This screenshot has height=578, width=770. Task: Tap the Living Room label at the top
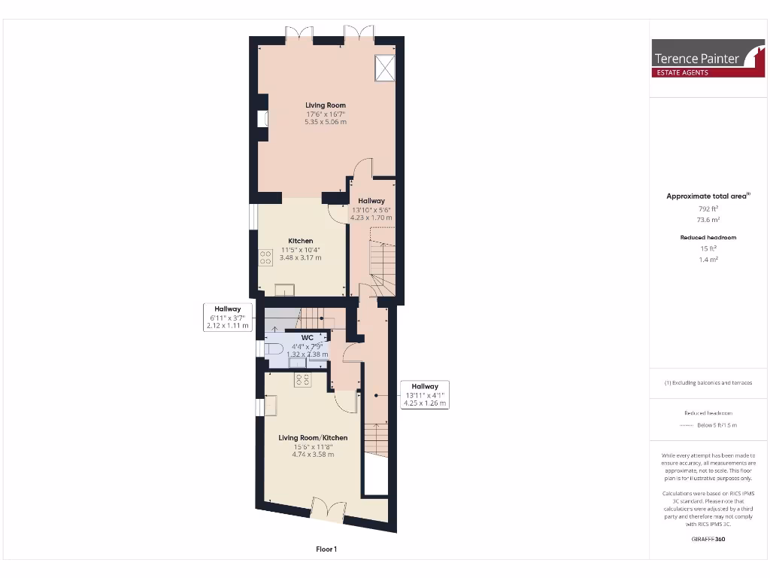click(x=326, y=105)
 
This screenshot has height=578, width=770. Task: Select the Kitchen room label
click(x=301, y=241)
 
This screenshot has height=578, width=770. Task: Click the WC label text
click(x=307, y=337)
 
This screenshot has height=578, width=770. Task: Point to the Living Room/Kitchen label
click(x=314, y=437)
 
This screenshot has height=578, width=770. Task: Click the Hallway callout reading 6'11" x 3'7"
click(x=228, y=317)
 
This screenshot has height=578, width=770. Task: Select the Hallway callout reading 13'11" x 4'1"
click(x=425, y=394)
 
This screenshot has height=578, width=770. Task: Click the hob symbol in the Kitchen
click(x=265, y=258)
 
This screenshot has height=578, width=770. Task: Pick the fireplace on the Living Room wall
click(x=262, y=118)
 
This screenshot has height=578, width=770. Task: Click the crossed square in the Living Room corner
click(x=386, y=68)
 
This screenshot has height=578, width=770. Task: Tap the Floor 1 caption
click(x=326, y=549)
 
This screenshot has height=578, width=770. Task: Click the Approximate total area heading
click(x=707, y=196)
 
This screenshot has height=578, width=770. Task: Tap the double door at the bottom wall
click(x=326, y=510)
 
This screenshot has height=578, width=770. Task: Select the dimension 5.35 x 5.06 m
click(x=326, y=122)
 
